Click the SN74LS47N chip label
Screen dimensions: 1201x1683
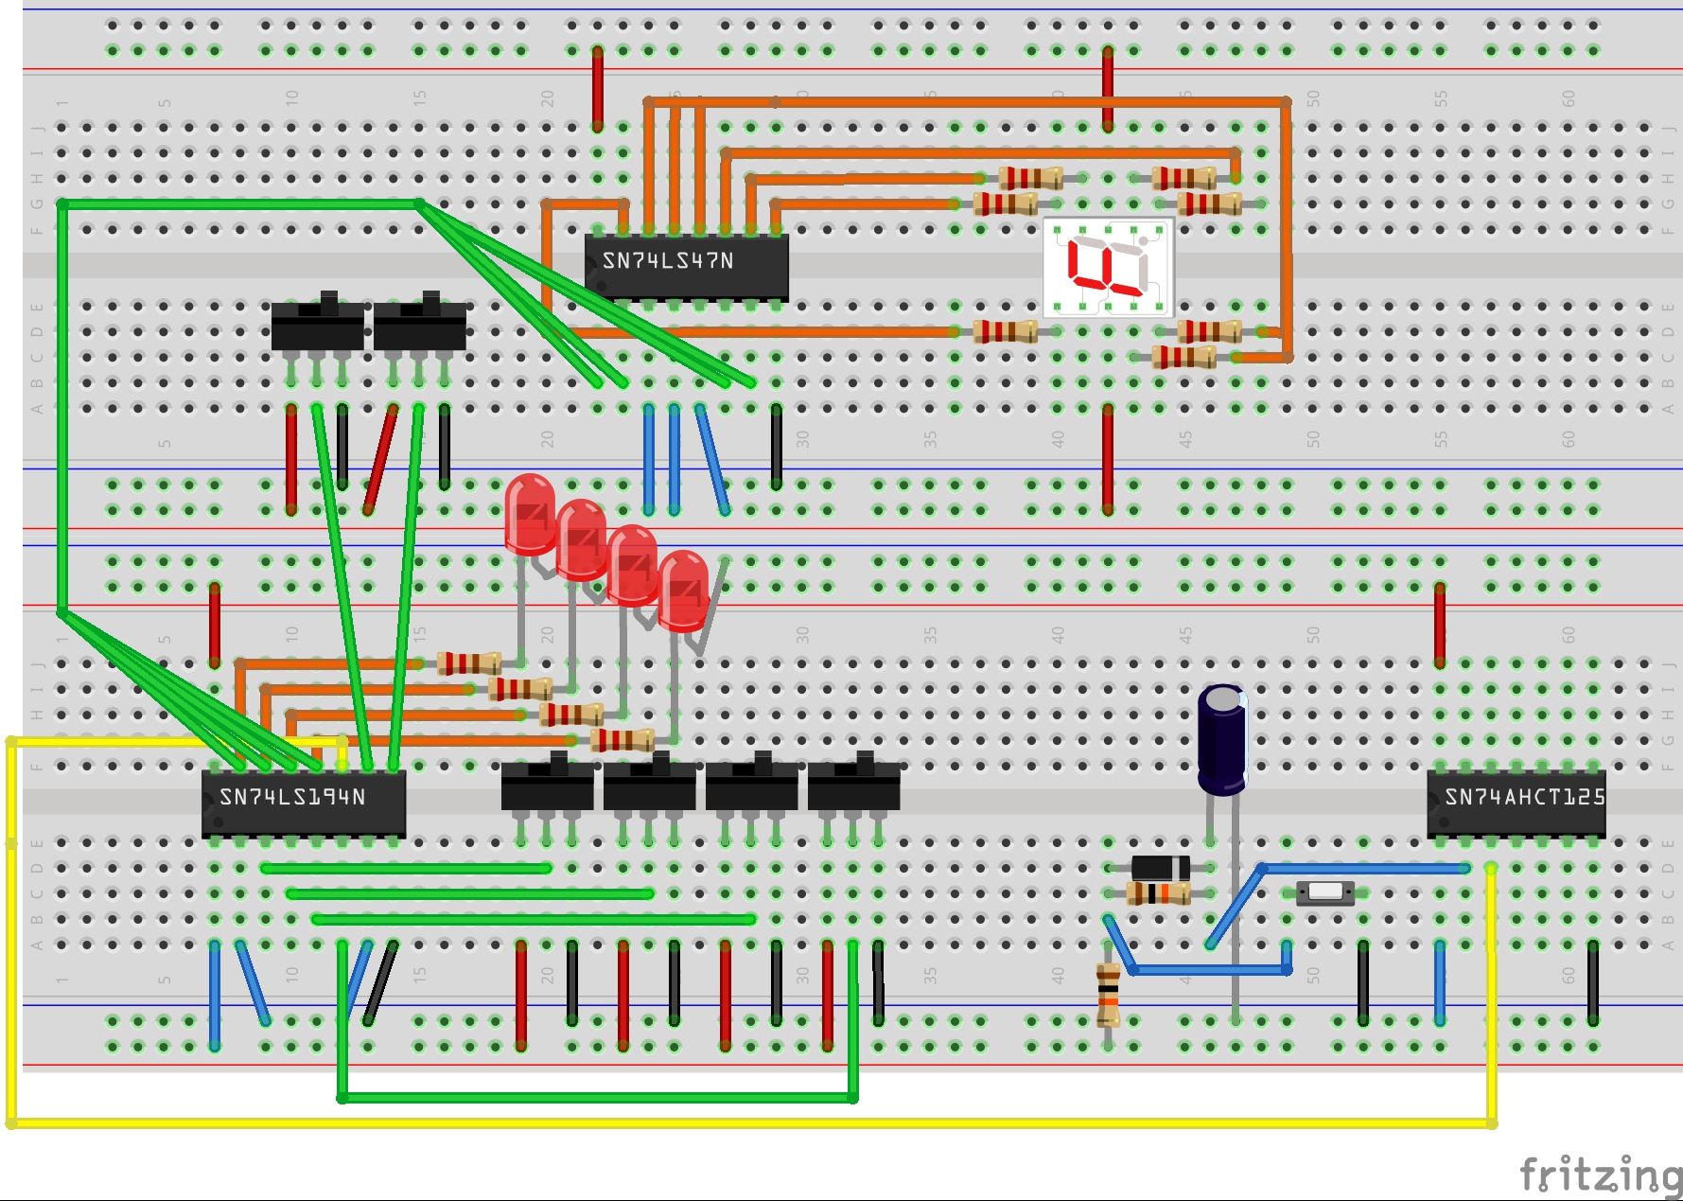(668, 261)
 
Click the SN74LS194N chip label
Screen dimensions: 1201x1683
(292, 798)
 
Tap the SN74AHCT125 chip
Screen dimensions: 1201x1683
(1516, 803)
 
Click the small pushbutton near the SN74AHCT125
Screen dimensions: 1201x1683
(1324, 892)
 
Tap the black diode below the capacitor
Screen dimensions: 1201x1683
(1161, 867)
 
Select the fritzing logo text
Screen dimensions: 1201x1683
(1599, 1175)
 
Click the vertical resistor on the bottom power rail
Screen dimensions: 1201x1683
(1108, 995)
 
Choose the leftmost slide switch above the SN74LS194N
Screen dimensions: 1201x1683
(317, 324)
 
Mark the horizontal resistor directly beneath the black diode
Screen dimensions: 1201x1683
(1160, 892)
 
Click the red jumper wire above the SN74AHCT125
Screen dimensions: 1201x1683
(1440, 625)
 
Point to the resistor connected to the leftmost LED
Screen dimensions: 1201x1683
(469, 663)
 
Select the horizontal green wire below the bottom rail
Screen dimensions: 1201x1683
(596, 1098)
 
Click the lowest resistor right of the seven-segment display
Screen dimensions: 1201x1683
(1184, 357)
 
